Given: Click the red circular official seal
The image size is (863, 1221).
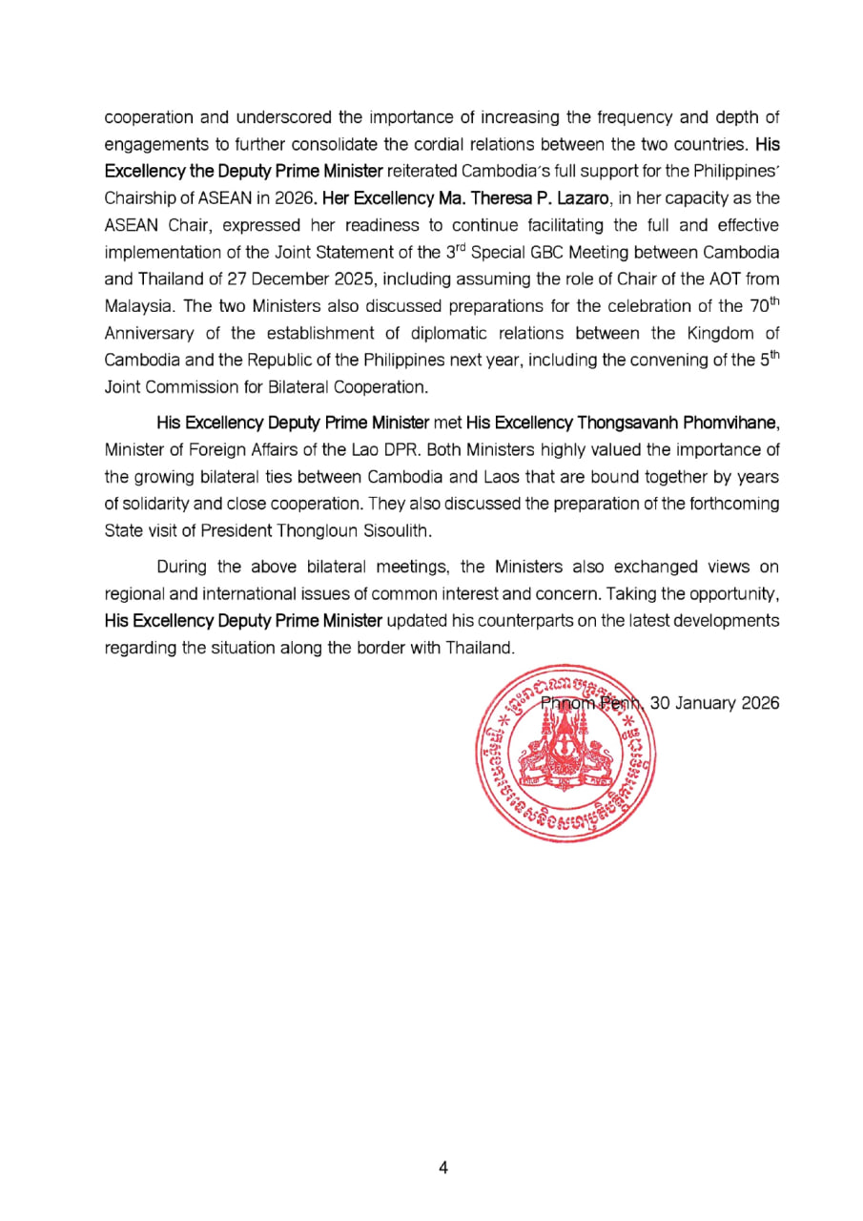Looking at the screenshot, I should point(566,755).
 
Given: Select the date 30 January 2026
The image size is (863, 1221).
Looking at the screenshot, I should point(714,703).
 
